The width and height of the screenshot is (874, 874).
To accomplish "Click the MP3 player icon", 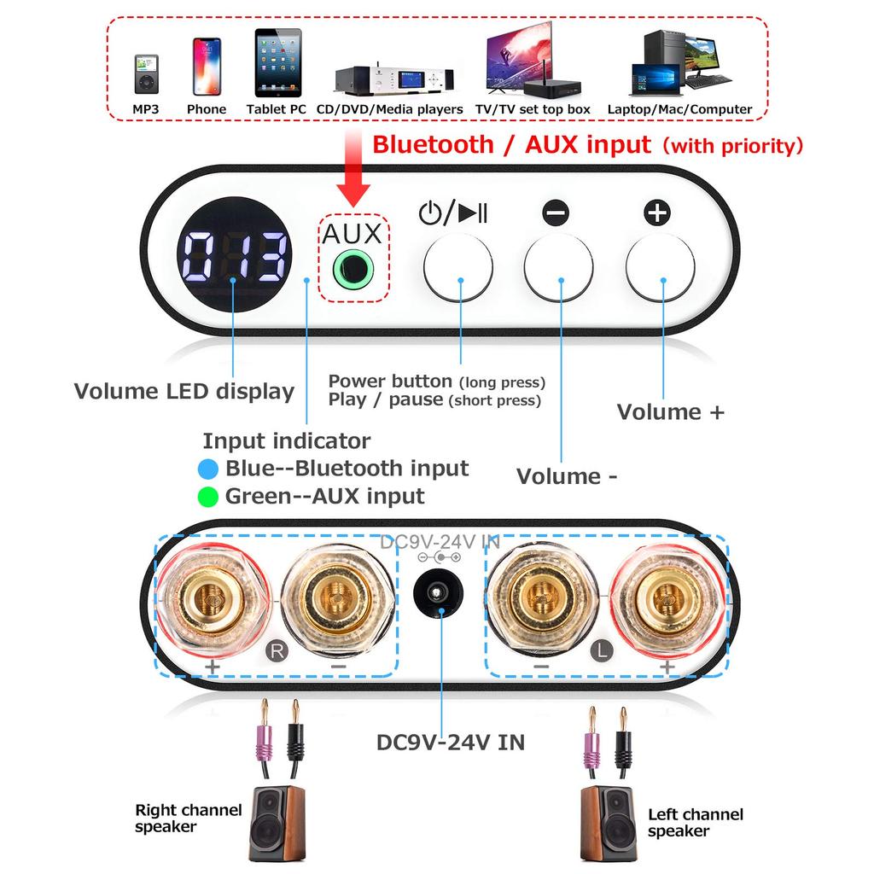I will [x=145, y=74].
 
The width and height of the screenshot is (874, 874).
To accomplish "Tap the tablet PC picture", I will [x=277, y=63].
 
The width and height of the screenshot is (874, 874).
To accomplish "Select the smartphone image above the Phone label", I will [x=207, y=67].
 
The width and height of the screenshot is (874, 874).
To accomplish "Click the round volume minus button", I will [x=558, y=267].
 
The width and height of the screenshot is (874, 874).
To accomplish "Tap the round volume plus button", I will [x=659, y=267].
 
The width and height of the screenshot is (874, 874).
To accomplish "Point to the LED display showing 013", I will [x=235, y=257].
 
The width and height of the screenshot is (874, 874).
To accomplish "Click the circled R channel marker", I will [x=276, y=650].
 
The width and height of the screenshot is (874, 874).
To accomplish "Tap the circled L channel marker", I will [x=601, y=651].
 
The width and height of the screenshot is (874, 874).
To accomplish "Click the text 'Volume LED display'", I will [x=184, y=392].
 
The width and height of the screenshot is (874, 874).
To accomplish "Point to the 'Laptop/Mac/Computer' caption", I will [x=679, y=109].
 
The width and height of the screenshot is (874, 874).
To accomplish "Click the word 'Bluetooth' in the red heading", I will [x=433, y=144].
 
